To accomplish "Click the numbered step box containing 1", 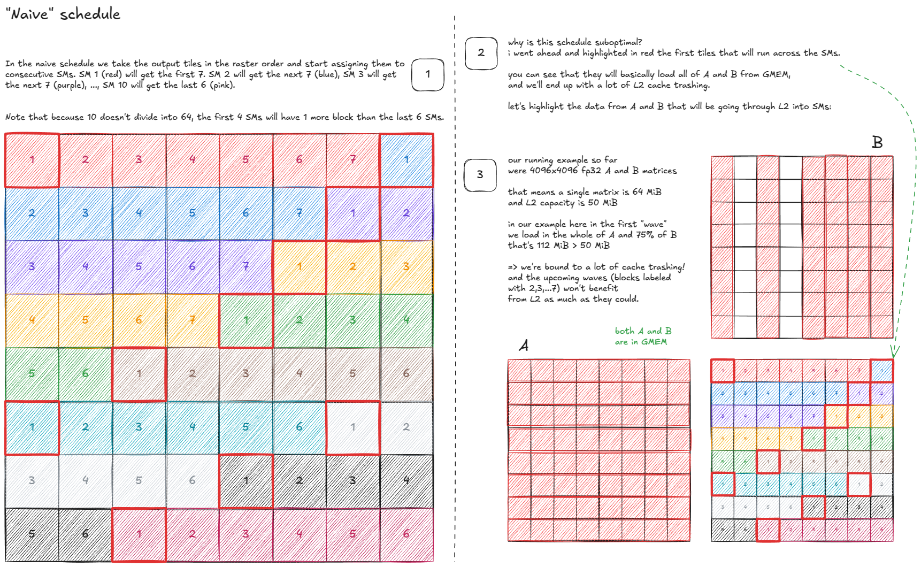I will pyautogui.click(x=427, y=74).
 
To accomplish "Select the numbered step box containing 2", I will pyautogui.click(x=481, y=53).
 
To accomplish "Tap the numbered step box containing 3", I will pyautogui.click(x=480, y=175).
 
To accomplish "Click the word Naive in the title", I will pyautogui.click(x=30, y=14).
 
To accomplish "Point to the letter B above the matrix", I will pyautogui.click(x=877, y=142).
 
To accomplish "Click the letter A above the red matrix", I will pyautogui.click(x=524, y=346).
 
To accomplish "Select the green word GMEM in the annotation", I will pyautogui.click(x=654, y=342).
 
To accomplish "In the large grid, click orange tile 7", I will pyautogui.click(x=192, y=320).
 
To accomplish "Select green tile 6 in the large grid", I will pyautogui.click(x=85, y=373).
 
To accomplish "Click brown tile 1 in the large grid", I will pyautogui.click(x=139, y=373).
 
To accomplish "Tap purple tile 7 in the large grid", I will pyautogui.click(x=245, y=266).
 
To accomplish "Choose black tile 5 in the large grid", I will pyautogui.click(x=32, y=534).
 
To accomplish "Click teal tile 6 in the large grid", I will pyautogui.click(x=299, y=427).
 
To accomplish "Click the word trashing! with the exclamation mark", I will pyautogui.click(x=666, y=267).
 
